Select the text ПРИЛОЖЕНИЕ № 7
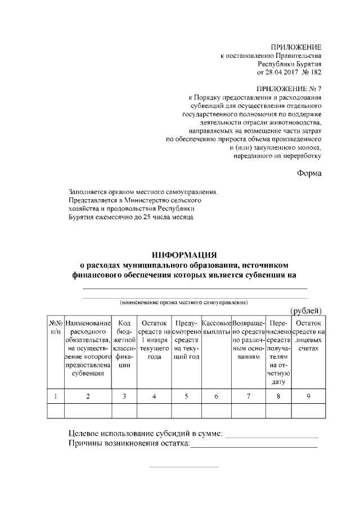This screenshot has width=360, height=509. tap(289, 89)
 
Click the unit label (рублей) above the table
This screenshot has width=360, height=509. tap(306, 310)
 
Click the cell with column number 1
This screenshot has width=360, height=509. tap(55, 397)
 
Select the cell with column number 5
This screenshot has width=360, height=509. tap(186, 397)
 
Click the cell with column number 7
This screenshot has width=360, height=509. tap(248, 397)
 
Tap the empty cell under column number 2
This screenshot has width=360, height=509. tap(88, 412)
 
